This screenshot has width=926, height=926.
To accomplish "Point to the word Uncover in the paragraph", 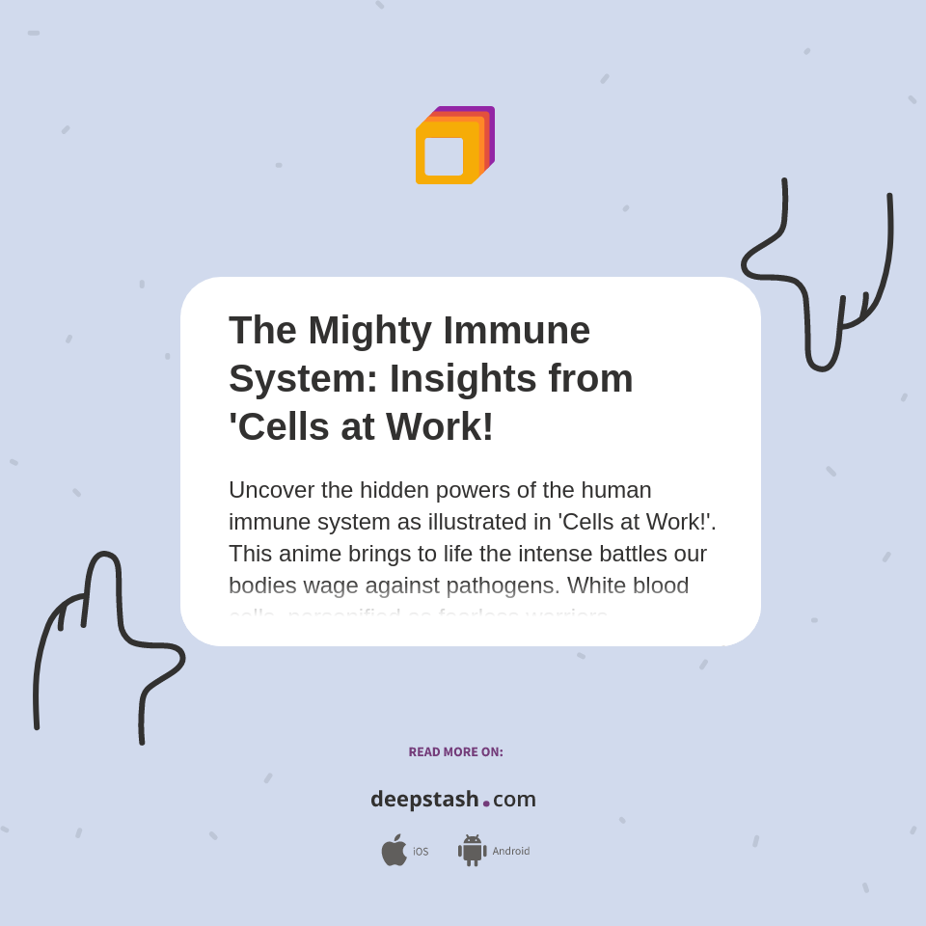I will click(x=271, y=490).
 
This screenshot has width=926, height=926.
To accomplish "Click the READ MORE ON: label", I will click(x=455, y=752).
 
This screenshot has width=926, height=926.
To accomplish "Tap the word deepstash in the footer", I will click(x=424, y=800).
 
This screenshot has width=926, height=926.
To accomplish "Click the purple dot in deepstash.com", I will click(x=486, y=803).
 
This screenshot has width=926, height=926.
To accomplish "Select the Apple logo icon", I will click(x=394, y=850).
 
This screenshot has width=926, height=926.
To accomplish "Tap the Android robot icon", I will click(x=472, y=851).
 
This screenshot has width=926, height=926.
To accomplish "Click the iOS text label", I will click(x=421, y=852).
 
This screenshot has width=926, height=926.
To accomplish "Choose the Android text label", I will click(x=511, y=852).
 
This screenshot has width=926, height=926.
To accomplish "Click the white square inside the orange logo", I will click(x=444, y=156).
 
